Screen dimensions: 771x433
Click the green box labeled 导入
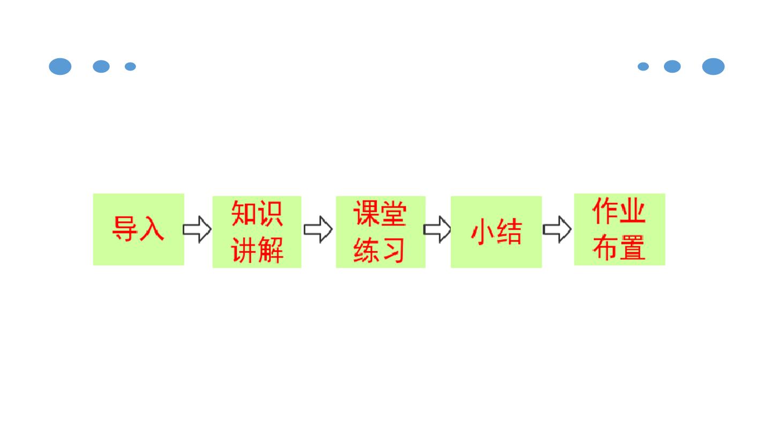point(138,229)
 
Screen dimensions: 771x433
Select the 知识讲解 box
point(257,232)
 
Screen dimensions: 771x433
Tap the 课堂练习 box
point(381,232)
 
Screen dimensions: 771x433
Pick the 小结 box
point(496,232)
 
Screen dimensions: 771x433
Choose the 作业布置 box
point(619,229)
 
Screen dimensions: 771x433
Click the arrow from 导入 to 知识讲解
point(197,229)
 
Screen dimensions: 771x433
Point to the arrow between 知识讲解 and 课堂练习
point(319,229)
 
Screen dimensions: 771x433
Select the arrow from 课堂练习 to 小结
point(437,229)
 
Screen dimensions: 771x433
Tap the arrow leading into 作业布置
point(557,229)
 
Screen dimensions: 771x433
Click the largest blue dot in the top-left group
point(60,66)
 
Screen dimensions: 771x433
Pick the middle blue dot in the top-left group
point(101,66)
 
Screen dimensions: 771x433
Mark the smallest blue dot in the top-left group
point(130,66)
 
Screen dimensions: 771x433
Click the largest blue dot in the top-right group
point(713,66)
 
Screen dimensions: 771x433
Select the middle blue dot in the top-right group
point(672,66)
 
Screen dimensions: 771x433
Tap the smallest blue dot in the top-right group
point(644,66)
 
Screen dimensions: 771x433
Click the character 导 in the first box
point(125,229)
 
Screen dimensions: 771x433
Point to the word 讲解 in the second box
point(257,250)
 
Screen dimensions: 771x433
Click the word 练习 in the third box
point(379,250)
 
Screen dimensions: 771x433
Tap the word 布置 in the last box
point(619,247)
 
